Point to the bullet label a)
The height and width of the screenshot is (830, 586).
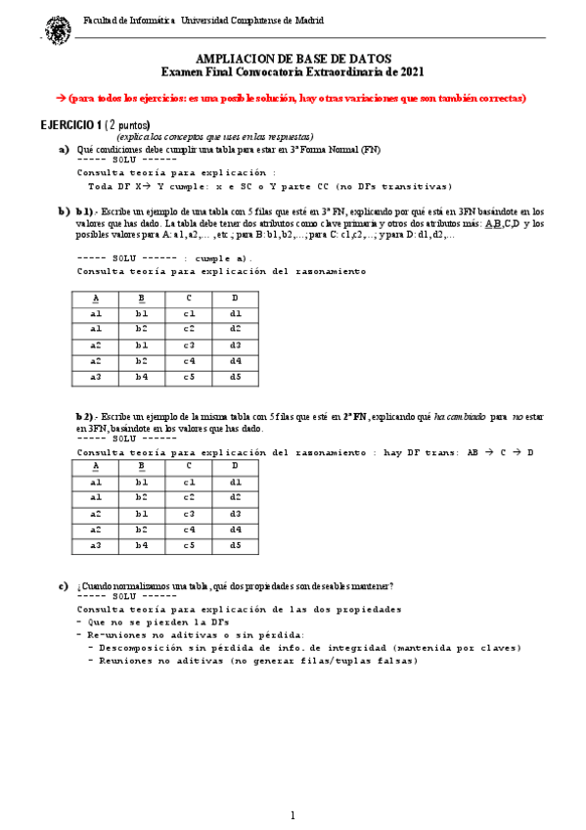(64, 149)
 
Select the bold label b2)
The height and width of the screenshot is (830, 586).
(85, 416)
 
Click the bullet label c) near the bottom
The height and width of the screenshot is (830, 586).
(64, 586)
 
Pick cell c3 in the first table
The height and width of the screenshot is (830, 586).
(189, 345)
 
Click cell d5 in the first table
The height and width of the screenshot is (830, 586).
(235, 376)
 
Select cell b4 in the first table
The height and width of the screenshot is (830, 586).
(142, 376)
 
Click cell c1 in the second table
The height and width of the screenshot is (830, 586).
(189, 483)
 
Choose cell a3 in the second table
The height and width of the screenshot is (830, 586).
(95, 545)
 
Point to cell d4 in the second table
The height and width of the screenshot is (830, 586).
(235, 530)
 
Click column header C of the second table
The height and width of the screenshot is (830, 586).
(189, 467)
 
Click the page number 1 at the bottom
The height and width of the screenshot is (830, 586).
(293, 814)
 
